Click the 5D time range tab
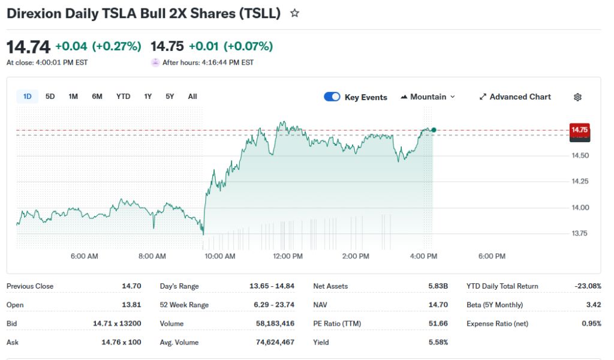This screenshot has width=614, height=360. pyautogui.click(x=50, y=97)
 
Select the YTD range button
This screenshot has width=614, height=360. pyautogui.click(x=123, y=97)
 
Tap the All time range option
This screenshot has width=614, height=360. pyautogui.click(x=192, y=97)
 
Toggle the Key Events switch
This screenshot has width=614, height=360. pyautogui.click(x=332, y=97)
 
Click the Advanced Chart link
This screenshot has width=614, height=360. pyautogui.click(x=515, y=97)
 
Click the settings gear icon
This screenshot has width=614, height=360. pyautogui.click(x=578, y=97)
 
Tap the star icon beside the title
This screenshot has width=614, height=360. pyautogui.click(x=294, y=13)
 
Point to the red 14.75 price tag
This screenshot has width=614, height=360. pyautogui.click(x=580, y=130)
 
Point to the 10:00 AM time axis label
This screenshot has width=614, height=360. pyautogui.click(x=220, y=256)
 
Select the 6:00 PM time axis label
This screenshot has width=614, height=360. pyautogui.click(x=492, y=256)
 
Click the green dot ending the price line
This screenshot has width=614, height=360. pyautogui.click(x=434, y=130)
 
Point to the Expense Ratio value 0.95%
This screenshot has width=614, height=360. pyautogui.click(x=591, y=323)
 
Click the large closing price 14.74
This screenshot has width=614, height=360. pyautogui.click(x=28, y=47)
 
